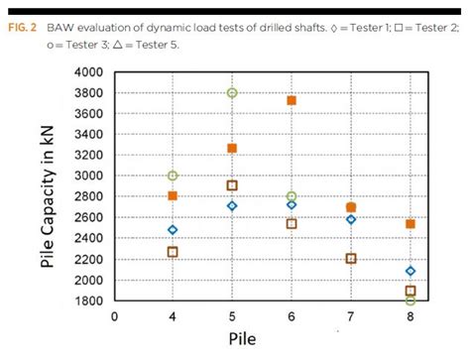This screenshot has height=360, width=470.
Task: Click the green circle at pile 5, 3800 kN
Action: [232, 93]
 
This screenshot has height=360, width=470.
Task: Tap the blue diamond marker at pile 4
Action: [173, 230]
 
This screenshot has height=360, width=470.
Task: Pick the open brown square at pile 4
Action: [173, 252]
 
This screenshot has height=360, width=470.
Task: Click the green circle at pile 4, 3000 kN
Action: [173, 176]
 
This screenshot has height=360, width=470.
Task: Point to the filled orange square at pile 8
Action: [411, 224]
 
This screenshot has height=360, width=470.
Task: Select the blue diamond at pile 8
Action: [411, 271]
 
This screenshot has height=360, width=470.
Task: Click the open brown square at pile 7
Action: [351, 259]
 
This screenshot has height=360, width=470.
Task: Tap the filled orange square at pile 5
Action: [232, 149]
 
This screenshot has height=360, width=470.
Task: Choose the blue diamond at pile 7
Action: [351, 219]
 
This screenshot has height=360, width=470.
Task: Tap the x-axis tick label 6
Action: [292, 316]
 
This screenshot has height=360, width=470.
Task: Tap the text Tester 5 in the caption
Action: [157, 45]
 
